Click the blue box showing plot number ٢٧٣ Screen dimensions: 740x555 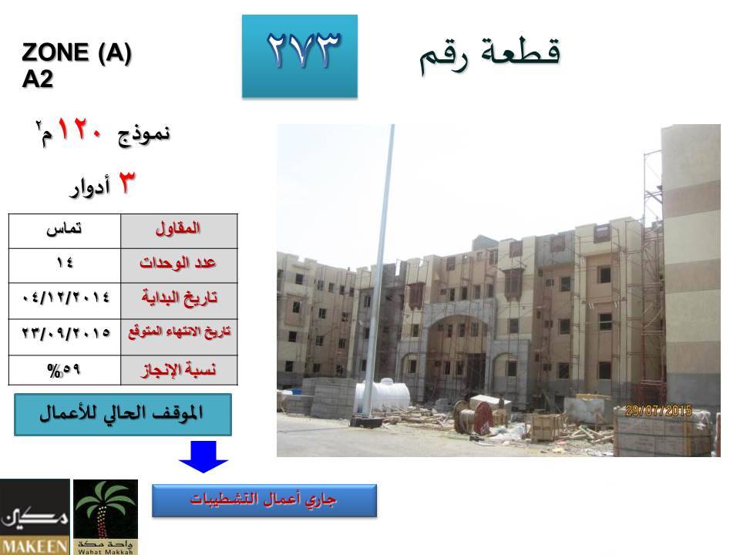point(300,56)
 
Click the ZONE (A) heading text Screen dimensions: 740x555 point(76,52)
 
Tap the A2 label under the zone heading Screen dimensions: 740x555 point(37,79)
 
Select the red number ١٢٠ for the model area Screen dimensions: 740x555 point(79,129)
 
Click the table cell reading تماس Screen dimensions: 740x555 point(65,231)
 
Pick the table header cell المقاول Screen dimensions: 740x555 point(179,231)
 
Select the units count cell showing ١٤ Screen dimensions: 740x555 point(65,266)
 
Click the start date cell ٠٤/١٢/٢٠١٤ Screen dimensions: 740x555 point(65,301)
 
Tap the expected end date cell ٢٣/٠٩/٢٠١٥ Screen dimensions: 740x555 point(65,337)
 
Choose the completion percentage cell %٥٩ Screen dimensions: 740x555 point(65,370)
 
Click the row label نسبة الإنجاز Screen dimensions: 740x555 point(179,370)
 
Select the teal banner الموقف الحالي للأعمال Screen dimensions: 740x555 point(123,415)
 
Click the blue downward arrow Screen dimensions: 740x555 point(203,456)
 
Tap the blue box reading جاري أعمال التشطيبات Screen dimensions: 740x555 point(264,500)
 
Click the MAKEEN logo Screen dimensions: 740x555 point(35,516)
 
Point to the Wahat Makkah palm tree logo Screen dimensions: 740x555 point(106,516)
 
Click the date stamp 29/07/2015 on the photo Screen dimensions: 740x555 point(658,411)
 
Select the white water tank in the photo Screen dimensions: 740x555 point(382,395)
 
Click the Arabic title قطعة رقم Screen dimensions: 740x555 point(490,54)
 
